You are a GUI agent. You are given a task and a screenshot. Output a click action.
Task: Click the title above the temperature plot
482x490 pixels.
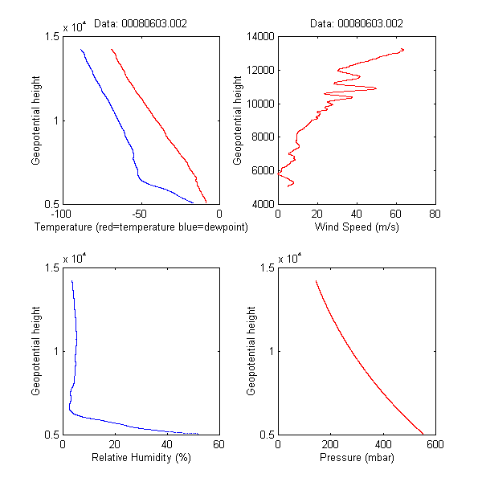coord(141,23)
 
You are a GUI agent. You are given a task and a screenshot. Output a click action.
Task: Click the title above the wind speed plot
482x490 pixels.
coord(356,23)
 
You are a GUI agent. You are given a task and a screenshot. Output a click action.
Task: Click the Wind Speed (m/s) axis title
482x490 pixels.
coord(356,227)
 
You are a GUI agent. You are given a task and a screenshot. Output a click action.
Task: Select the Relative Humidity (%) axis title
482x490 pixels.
coord(141,458)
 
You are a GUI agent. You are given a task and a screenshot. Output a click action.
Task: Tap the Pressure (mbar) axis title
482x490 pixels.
coord(356,458)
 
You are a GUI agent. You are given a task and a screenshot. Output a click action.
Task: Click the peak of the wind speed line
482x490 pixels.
coord(402,50)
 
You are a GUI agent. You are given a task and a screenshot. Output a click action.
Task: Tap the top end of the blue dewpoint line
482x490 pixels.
coord(80,50)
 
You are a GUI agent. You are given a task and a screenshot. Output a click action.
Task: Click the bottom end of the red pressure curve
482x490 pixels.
coord(423,434)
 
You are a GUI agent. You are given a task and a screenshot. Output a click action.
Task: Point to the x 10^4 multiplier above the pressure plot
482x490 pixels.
coord(290,258)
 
